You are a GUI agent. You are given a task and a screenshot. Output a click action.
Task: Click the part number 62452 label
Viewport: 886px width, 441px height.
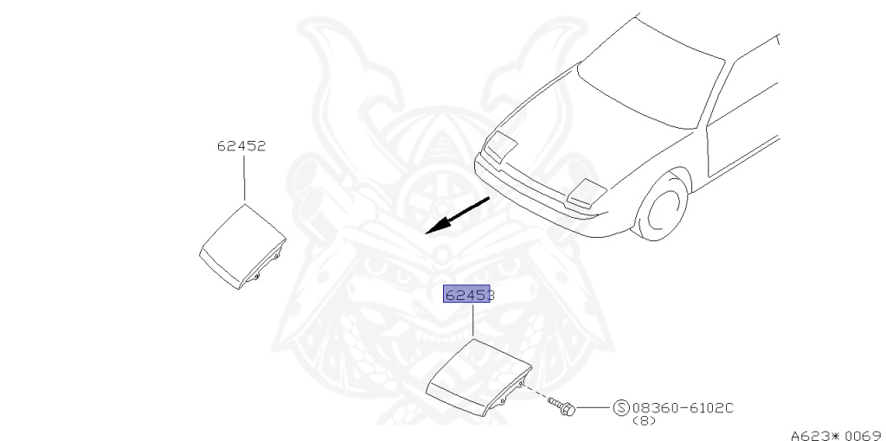(241, 146)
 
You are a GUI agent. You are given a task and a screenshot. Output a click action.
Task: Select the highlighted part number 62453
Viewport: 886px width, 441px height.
(468, 295)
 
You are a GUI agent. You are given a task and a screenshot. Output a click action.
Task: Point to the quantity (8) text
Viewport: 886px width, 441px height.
(644, 421)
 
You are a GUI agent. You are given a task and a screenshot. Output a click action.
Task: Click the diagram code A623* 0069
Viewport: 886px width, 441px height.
(835, 435)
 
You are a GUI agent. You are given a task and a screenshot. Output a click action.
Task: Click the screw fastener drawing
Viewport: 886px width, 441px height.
(566, 404)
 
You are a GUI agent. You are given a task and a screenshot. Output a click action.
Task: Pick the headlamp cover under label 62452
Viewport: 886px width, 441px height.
(241, 243)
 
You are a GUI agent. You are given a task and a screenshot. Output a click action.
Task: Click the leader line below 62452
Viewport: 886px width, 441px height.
(243, 177)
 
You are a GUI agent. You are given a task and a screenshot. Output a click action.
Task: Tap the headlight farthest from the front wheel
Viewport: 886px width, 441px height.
(501, 148)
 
